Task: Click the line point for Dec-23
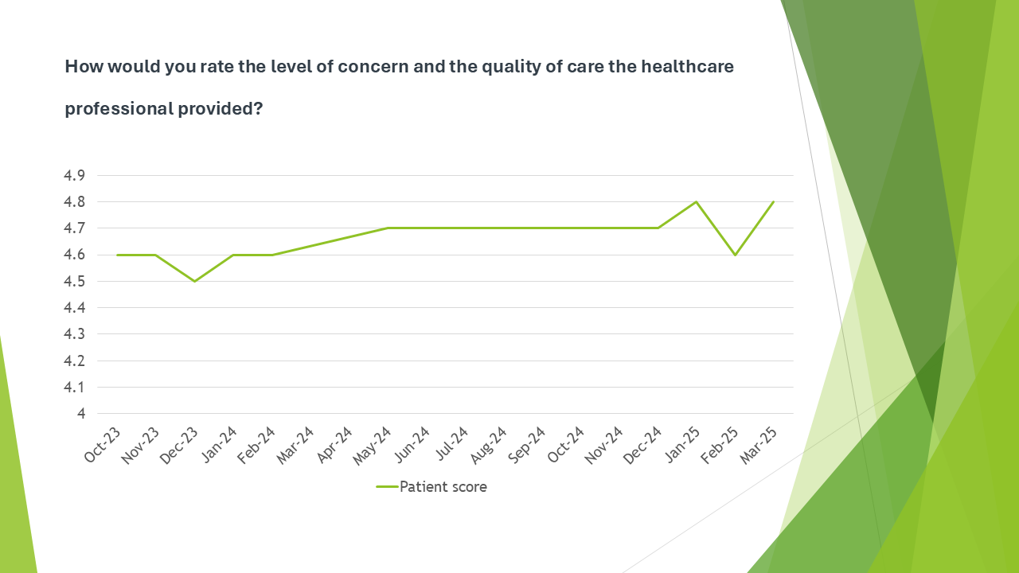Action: point(194,281)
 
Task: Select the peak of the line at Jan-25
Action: point(697,201)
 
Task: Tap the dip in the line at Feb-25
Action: point(735,255)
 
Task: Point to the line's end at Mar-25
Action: point(773,201)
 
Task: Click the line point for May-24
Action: point(388,228)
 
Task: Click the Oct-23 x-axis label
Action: point(103,444)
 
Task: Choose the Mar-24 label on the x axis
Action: point(297,444)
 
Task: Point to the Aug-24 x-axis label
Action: point(490,444)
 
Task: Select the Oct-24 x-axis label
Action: point(568,444)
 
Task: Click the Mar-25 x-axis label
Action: point(761,444)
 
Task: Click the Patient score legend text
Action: point(443,487)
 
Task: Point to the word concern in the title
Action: point(370,67)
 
